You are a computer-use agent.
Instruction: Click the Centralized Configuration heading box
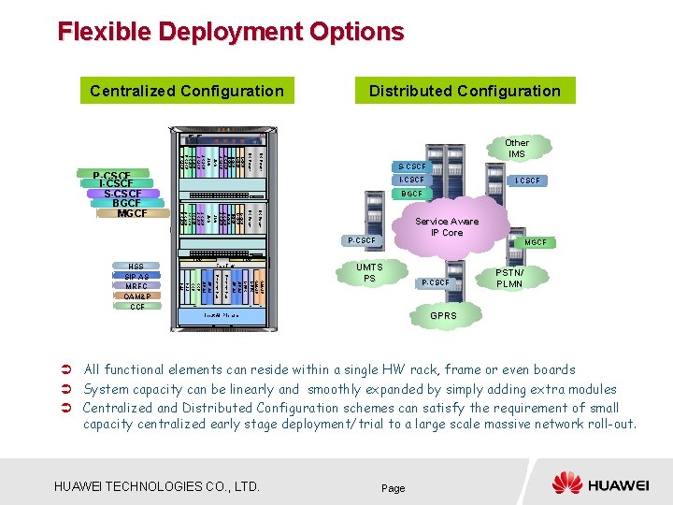pos(186,91)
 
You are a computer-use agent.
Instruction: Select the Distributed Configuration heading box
pos(465,91)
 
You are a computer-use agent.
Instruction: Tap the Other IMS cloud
pos(516,149)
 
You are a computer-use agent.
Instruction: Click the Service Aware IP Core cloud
pos(446,227)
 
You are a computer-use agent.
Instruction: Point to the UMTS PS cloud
pos(370,272)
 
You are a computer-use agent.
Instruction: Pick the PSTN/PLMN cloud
pos(509,278)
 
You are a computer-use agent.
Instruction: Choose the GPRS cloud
pos(443,316)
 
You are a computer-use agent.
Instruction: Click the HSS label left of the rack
pos(136,267)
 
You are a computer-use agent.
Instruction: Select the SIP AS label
pos(136,277)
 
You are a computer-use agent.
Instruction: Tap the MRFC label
pos(136,286)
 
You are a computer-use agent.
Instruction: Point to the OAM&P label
pos(136,296)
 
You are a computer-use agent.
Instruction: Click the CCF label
pos(136,307)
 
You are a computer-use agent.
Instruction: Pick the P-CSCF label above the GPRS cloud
pos(436,282)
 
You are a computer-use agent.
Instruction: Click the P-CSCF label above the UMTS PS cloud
pos(361,240)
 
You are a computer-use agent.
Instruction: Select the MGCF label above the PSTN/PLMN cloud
pos(536,242)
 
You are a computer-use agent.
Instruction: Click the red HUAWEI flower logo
pos(566,483)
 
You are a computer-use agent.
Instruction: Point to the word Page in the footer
pos(394,488)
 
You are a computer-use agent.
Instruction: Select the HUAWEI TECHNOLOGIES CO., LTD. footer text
pos(157,486)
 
